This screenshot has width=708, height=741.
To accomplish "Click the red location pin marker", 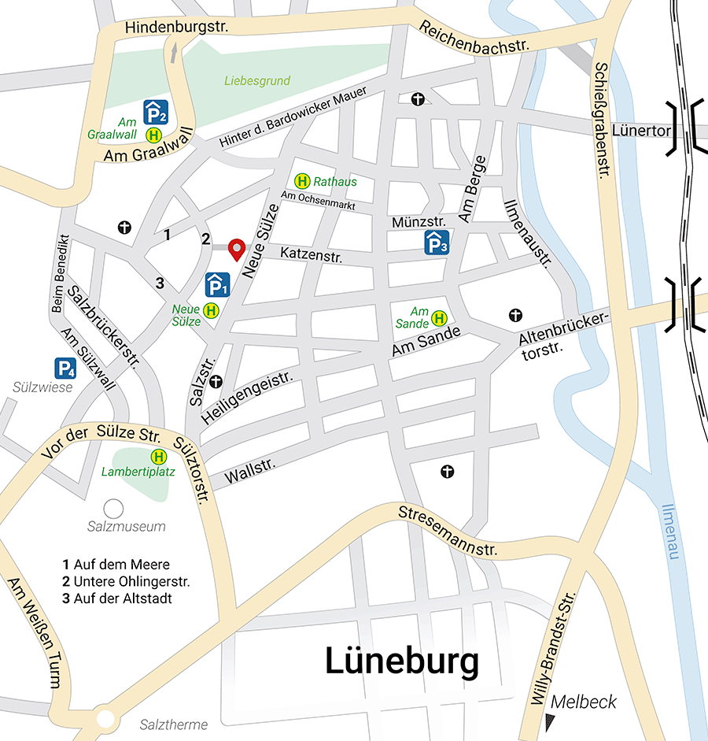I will pyautogui.click(x=236, y=248).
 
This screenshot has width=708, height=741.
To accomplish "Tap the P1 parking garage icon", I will pyautogui.click(x=217, y=284).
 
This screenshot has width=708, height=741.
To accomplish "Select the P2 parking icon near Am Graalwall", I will pyautogui.click(x=155, y=112).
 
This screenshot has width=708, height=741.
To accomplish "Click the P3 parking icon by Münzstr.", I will pyautogui.click(x=437, y=243).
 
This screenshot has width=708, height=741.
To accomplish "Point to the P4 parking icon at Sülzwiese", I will pyautogui.click(x=65, y=368).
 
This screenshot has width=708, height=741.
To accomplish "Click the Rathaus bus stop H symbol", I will pyautogui.click(x=301, y=181).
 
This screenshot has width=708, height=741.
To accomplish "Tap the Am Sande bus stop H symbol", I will pyautogui.click(x=439, y=318).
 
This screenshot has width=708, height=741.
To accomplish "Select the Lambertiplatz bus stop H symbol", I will pyautogui.click(x=159, y=456).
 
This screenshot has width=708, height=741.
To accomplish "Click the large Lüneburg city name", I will pyautogui.click(x=402, y=661).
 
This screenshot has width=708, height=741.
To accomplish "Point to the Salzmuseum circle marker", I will pyautogui.click(x=114, y=508).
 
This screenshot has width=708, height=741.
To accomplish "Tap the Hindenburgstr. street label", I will pyautogui.click(x=176, y=28).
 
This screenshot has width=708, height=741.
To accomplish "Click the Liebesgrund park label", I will pyautogui.click(x=257, y=80).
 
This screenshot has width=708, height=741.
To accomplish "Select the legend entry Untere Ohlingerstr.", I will pyautogui.click(x=126, y=582).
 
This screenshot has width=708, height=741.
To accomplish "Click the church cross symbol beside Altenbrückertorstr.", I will pyautogui.click(x=515, y=315).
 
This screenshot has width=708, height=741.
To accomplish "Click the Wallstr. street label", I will pyautogui.click(x=250, y=471).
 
